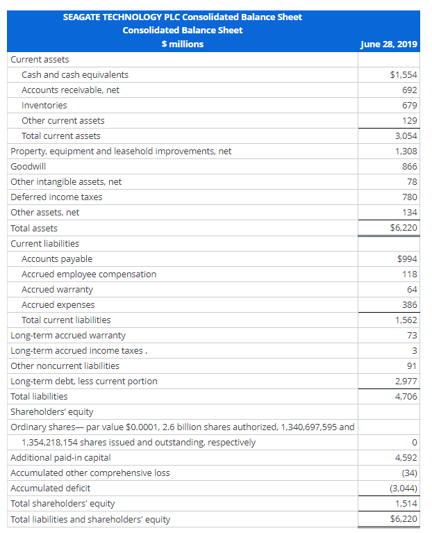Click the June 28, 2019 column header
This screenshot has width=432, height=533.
[389, 44]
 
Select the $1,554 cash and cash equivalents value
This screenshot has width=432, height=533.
[404, 74]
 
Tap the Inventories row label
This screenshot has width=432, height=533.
[44, 105]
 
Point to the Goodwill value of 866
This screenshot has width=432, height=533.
[409, 166]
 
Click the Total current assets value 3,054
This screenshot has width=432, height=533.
[406, 136]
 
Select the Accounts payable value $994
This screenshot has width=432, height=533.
[406, 259]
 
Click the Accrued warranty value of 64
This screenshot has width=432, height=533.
[412, 289]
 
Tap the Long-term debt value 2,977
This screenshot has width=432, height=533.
[406, 381]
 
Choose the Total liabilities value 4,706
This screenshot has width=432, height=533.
[406, 396]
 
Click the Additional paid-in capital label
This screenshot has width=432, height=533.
[60, 457]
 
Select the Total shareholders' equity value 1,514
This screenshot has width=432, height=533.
[406, 503]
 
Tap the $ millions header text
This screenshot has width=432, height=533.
[182, 44]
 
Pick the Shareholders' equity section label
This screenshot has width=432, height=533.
[52, 411]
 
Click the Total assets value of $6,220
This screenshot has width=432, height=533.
[404, 228]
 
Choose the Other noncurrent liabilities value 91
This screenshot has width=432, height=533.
[412, 366]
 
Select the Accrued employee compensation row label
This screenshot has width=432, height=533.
[89, 274]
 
